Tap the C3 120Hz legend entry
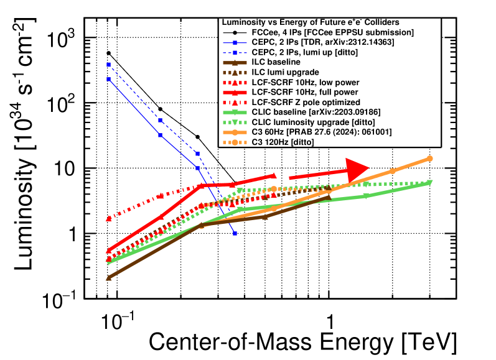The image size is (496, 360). pyautogui.click(x=276, y=143)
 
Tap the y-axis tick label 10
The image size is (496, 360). pyautogui.click(x=75, y=168)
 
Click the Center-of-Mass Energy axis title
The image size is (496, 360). pyautogui.click(x=302, y=343)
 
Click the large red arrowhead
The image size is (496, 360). pyautogui.click(x=357, y=169)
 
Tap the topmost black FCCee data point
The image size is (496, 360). pyautogui.click(x=108, y=53)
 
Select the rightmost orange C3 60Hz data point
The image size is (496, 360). pyautogui.click(x=429, y=159)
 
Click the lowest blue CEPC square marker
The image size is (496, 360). pyautogui.click(x=235, y=233)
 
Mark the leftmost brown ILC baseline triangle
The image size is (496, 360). pyautogui.click(x=108, y=277)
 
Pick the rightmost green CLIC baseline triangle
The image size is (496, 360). pyautogui.click(x=429, y=183)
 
